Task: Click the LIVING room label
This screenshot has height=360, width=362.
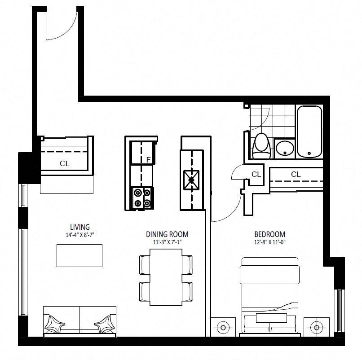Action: click(80, 227)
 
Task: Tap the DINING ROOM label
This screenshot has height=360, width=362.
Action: click(167, 234)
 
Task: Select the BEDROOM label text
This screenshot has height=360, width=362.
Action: click(269, 234)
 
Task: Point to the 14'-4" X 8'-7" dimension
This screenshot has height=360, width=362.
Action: click(80, 235)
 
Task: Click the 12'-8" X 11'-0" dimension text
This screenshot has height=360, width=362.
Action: click(270, 242)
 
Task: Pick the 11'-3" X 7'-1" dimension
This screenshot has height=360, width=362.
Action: click(168, 242)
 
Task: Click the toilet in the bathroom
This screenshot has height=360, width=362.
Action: click(261, 146)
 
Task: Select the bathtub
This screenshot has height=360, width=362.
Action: click(309, 132)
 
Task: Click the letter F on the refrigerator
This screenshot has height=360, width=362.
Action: click(149, 160)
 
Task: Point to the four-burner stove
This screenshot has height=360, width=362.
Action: click(142, 198)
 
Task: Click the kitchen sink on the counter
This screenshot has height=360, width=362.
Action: click(191, 180)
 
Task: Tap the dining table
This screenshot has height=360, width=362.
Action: click(166, 277)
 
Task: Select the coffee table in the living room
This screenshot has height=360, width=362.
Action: click(79, 255)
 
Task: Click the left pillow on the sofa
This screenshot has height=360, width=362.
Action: click(54, 324)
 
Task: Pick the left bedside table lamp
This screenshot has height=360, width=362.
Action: click(223, 327)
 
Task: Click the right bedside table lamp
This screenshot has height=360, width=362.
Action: click(316, 327)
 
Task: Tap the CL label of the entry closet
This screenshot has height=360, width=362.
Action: click(64, 163)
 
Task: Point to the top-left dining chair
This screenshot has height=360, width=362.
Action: click(145, 265)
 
